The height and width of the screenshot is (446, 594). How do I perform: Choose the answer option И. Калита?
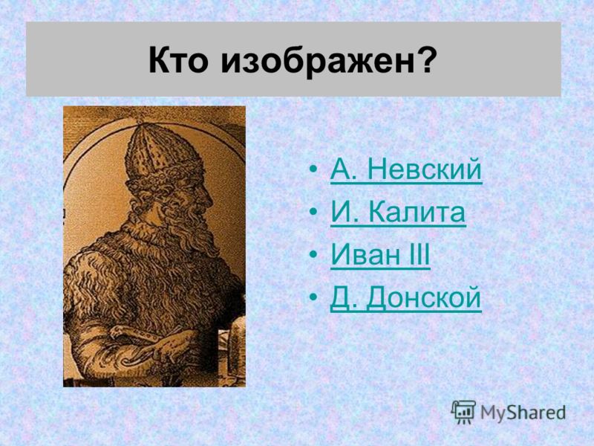(398, 212)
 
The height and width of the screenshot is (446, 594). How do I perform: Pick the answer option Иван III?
(380, 254)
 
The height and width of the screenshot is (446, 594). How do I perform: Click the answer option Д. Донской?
(405, 298)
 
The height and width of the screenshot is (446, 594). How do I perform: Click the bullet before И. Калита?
(313, 211)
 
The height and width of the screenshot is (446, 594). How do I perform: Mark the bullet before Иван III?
(313, 254)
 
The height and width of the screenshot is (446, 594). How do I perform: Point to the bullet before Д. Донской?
(313, 297)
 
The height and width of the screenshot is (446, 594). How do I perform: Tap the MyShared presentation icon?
(463, 411)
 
